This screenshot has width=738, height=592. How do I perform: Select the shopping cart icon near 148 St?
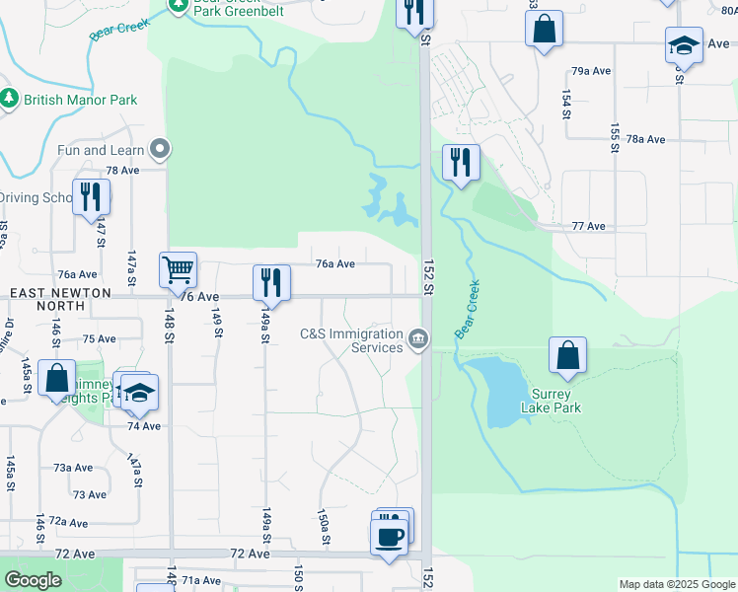coord(178,268)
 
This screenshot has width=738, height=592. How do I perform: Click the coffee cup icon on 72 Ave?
coord(387,537)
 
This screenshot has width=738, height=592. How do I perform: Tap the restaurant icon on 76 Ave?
coord(270,282)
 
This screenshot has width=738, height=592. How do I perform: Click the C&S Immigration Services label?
coord(351,340)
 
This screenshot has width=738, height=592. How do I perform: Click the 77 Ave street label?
coord(588,226)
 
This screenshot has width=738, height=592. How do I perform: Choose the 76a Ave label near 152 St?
coord(334,263)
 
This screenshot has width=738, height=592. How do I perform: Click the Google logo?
coord(33,580)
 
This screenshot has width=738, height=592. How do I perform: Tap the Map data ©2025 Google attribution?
coord(676,584)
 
